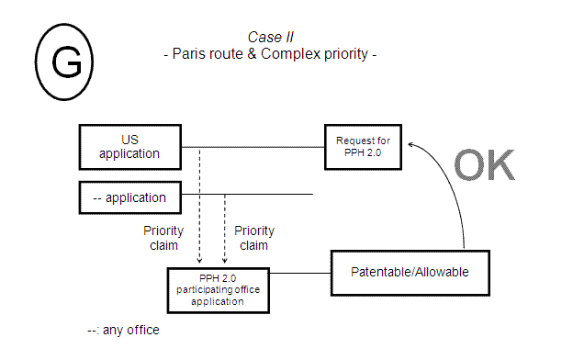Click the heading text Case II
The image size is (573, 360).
pyautogui.click(x=269, y=37)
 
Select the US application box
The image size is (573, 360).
pyautogui.click(x=129, y=147)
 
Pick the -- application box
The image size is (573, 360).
pyautogui.click(x=129, y=197)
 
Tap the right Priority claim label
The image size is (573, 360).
pyautogui.click(x=254, y=238)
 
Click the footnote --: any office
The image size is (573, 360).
pyautogui.click(x=123, y=329)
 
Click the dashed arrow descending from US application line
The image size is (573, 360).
pyautogui.click(x=199, y=207)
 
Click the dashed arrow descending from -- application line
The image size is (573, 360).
pyautogui.click(x=225, y=230)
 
